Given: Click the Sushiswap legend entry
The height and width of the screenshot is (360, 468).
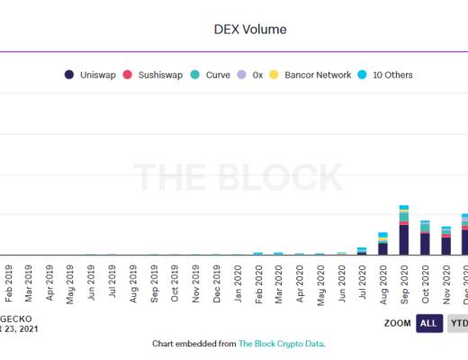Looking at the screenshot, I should point(159,75).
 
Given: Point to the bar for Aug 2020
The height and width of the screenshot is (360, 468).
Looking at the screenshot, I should point(382,244).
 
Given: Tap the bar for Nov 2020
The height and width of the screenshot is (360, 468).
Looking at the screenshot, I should point(445,241).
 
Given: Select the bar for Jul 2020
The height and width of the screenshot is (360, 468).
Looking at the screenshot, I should point(362,251).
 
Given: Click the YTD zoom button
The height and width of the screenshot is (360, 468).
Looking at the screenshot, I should point(457,323).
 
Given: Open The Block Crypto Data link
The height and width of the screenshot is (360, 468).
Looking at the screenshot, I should point(280,344).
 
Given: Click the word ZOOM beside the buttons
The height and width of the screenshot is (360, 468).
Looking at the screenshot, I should point(398,323).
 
